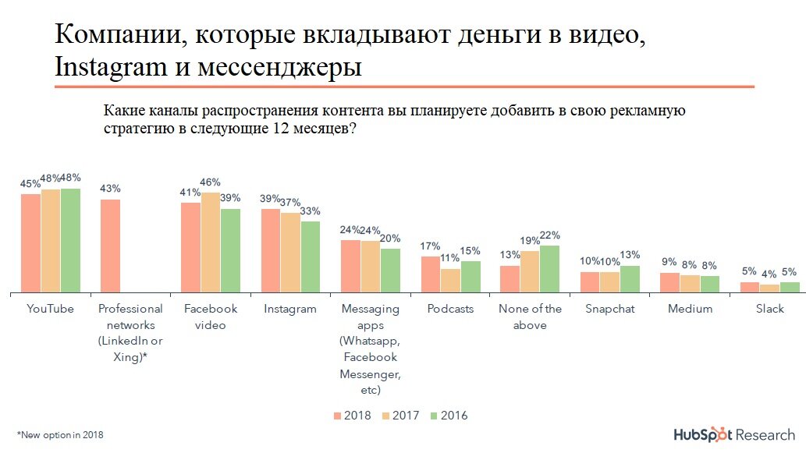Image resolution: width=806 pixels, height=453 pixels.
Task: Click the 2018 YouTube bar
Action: click(30, 242)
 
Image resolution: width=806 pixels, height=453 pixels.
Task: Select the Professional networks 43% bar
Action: click(111, 246)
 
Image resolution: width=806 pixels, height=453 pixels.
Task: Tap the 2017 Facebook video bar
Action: click(211, 242)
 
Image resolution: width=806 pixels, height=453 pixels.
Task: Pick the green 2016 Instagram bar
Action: click(311, 257)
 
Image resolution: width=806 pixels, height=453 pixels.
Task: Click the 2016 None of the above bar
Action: click(551, 269)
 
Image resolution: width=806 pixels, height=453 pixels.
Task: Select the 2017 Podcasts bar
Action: click(450, 280)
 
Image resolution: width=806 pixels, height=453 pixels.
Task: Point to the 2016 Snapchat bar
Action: click(630, 279)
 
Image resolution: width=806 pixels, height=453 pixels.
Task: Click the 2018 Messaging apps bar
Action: click(350, 266)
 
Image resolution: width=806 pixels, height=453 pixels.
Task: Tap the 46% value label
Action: click(211, 182)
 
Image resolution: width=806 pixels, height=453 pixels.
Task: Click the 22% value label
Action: click(549, 235)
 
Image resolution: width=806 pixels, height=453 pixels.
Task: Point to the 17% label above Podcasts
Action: click(431, 246)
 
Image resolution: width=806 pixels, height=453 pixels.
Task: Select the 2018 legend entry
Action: click(352, 416)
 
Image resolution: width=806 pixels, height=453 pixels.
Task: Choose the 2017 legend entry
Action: click(400, 416)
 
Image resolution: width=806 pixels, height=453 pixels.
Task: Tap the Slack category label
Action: click(770, 309)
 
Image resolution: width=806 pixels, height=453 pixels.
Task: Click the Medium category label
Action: click(690, 309)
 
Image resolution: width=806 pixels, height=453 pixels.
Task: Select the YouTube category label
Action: click(50, 309)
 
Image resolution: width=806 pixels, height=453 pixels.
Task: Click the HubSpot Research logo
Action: click(734, 434)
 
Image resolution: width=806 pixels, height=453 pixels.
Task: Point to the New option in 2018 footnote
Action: click(60, 434)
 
